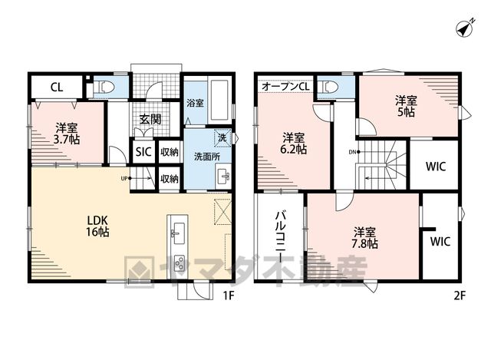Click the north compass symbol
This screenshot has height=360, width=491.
466,28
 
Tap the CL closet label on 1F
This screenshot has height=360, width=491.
57,88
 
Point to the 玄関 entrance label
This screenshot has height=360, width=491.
150,119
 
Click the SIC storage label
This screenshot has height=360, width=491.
143,152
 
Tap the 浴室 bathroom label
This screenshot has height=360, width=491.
196,103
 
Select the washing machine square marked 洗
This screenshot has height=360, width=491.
222,137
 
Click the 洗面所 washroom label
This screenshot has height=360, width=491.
207,157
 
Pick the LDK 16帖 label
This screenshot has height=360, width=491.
97,226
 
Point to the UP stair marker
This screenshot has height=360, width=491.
126,178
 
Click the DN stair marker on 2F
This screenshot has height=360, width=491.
354,152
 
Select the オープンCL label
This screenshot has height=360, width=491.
285,87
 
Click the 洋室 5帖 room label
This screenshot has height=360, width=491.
406,106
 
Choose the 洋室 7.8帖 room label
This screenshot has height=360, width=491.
364,238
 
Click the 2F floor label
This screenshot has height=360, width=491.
460,296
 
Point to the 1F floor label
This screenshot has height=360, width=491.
229,296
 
